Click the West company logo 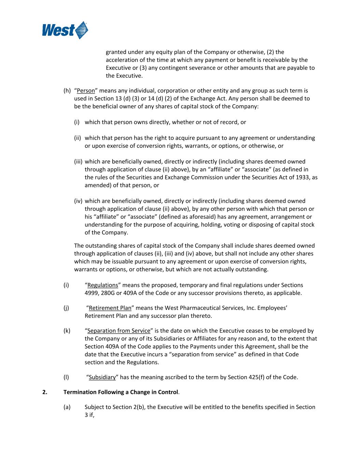point(65,30)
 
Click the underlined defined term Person point(86,91)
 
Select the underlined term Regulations point(102,285)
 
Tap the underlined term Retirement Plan point(110,308)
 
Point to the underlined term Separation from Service point(119,331)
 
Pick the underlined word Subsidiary point(102,377)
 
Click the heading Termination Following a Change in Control point(121,392)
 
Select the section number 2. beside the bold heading point(45,392)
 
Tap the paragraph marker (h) point(67,91)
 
